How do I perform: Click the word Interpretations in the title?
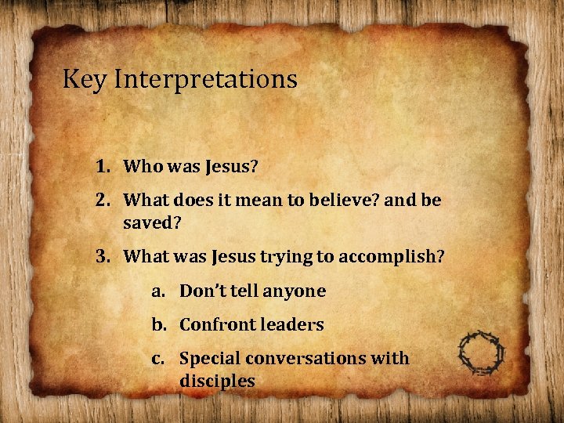tap(205, 80)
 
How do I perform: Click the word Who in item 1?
tap(142, 166)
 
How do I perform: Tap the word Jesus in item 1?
tap(227, 166)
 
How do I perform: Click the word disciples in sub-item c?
tap(217, 381)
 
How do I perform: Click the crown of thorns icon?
tap(482, 354)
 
